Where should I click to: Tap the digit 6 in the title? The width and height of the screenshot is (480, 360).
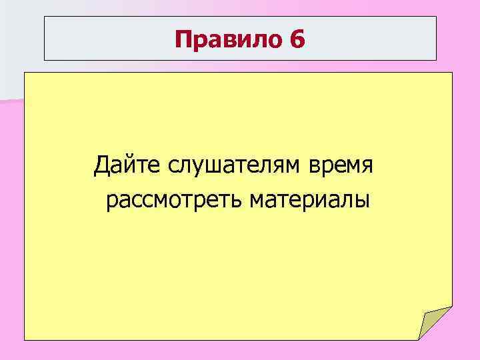click(x=297, y=40)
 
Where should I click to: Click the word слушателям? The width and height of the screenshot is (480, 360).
click(x=217, y=165)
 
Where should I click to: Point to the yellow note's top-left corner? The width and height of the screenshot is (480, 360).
click(x=25, y=73)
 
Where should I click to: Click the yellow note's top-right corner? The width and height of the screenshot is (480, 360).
click(x=452, y=73)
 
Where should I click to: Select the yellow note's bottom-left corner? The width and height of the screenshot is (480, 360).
click(x=25, y=340)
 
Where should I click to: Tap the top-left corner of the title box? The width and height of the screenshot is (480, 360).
click(x=45, y=17)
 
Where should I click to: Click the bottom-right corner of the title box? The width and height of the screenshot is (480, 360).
click(x=436, y=61)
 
